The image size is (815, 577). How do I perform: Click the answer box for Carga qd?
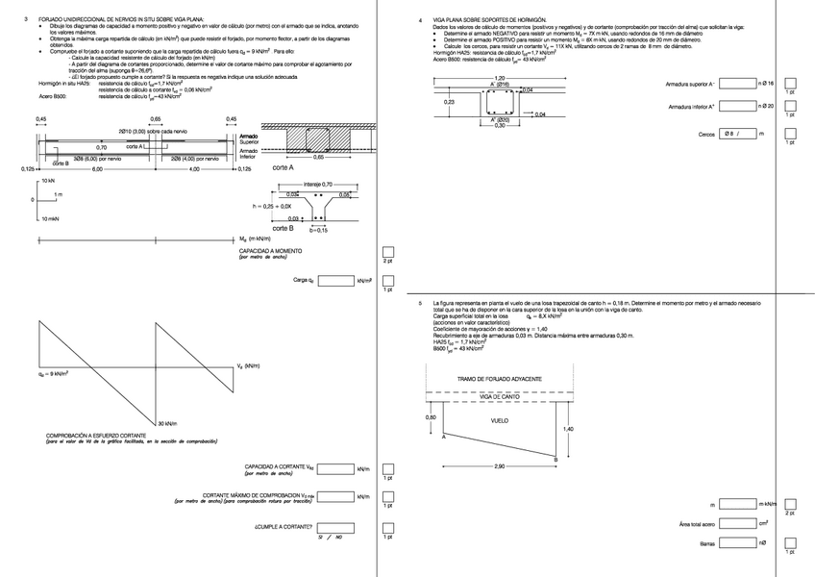[x=335, y=281]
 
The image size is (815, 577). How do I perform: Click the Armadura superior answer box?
[x=736, y=85]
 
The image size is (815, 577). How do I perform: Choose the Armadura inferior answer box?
[x=736, y=106]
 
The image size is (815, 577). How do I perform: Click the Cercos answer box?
[x=737, y=135]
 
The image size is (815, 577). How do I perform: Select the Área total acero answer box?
[x=737, y=523]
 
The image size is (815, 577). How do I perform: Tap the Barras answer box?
[x=737, y=543]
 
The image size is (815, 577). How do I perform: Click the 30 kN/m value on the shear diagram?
[x=171, y=423]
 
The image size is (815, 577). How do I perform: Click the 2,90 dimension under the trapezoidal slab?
[x=499, y=466]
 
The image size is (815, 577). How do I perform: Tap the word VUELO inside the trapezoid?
[x=500, y=421]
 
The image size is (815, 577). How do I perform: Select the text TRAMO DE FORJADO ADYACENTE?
[x=499, y=381]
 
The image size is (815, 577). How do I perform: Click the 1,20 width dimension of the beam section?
[x=499, y=78]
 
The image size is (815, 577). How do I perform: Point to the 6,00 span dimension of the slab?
[x=96, y=169]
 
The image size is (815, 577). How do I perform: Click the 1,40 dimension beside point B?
[x=568, y=429]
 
